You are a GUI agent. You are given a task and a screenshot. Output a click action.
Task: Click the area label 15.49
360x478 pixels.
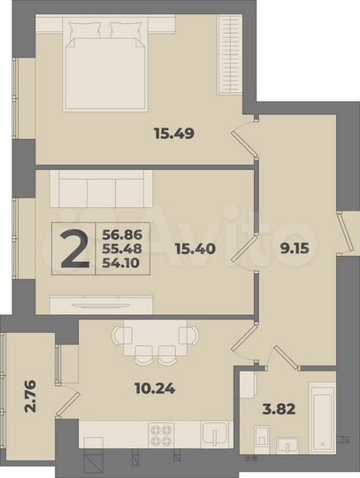pos(174,135)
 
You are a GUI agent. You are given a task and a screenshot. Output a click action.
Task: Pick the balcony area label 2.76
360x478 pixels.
pos(28,389)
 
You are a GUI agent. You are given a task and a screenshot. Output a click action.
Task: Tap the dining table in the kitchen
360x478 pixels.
pos(154,337)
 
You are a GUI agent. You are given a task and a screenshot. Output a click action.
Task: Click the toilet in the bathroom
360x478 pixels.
pos(259,437)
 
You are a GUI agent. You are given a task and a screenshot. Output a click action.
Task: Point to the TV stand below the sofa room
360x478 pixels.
pos(98,302)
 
